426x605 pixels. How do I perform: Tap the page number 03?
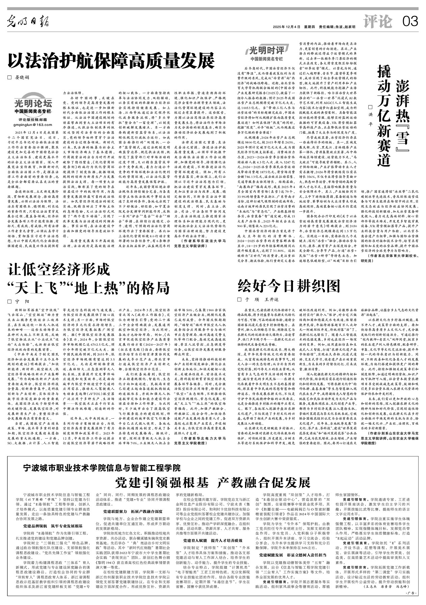pos(410,22)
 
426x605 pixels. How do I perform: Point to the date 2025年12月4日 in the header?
pos(287,27)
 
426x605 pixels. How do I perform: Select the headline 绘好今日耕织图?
pos(289,286)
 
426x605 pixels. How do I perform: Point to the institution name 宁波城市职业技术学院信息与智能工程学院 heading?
pos(102,468)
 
